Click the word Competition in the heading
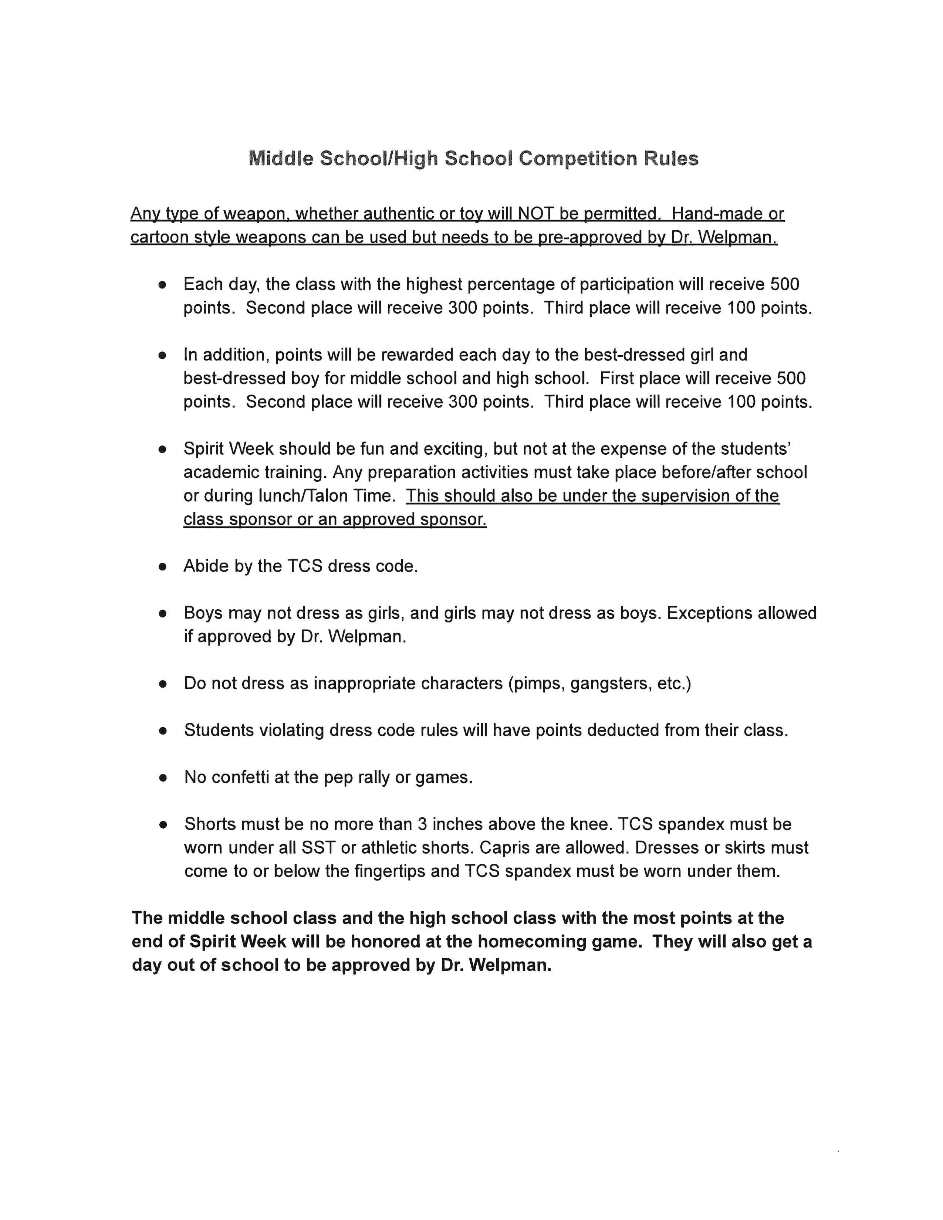tap(577, 159)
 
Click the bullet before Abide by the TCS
tap(163, 567)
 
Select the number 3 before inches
tap(422, 824)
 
